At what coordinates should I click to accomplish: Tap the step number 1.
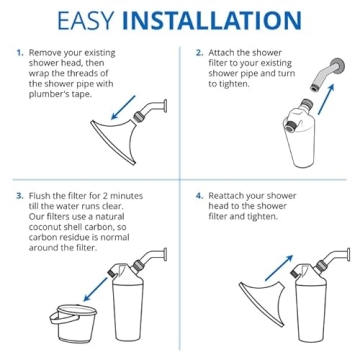pyautogui.click(x=19, y=51)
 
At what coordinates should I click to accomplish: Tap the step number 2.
pyautogui.click(x=199, y=51)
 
